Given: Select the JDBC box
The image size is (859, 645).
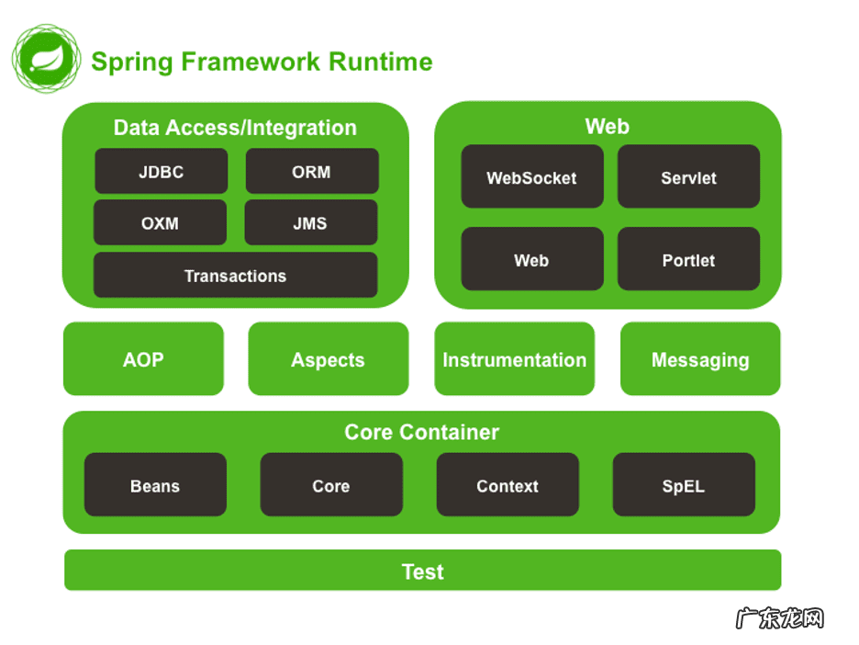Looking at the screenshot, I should coord(161,172).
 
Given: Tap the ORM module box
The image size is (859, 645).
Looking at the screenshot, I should coord(312,172).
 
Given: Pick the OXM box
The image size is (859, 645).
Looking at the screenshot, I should coord(160,223).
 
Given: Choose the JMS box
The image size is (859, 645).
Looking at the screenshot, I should coord(311,223).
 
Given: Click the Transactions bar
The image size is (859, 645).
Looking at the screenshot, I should coord(235,276).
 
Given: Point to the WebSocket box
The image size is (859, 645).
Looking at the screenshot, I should coord(532,177).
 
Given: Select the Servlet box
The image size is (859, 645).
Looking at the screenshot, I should coord(688,177).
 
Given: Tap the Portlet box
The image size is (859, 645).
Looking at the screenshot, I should coord(688,260).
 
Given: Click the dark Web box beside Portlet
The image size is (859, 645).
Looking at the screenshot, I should coord(532,260).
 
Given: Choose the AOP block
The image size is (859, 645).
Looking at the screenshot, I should coord(143,359).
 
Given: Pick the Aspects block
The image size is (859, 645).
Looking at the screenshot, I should coord(328,359).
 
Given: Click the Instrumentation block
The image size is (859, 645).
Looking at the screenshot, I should coord(514,359).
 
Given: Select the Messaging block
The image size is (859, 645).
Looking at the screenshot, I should coord(700,359).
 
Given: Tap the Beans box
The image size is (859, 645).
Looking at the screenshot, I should coord(155,485).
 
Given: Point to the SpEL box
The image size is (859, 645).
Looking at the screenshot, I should coord(684,485).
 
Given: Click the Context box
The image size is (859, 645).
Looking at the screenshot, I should coord(508,485).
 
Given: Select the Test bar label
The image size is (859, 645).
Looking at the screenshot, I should coord(423,571).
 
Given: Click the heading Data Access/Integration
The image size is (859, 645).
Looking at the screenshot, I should coord(235,128).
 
